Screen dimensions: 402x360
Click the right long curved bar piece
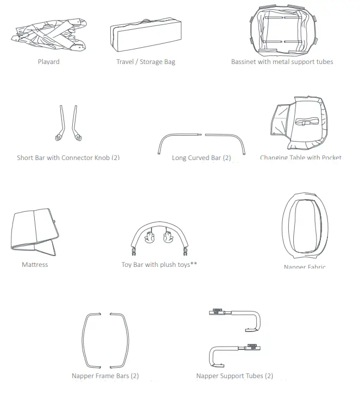click(x=227, y=139)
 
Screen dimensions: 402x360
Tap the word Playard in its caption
click(x=49, y=62)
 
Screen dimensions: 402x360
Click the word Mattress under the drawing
click(x=35, y=265)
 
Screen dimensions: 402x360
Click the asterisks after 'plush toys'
click(x=193, y=265)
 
